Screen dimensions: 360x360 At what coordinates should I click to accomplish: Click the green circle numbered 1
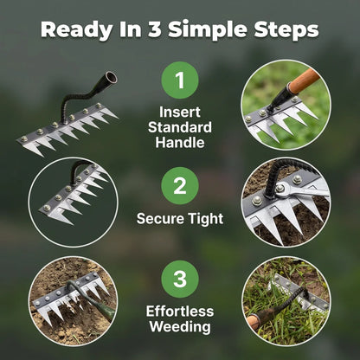(x=180, y=80)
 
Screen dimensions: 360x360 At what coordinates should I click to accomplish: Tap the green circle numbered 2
(x=180, y=186)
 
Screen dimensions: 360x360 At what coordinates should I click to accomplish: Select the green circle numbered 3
(x=180, y=279)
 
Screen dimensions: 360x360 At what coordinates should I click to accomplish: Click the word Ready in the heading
(x=76, y=29)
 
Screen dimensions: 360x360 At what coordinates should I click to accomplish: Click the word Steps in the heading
(x=286, y=29)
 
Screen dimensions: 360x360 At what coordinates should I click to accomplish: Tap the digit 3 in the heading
(x=155, y=29)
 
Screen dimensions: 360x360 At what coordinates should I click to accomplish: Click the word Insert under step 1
(x=180, y=112)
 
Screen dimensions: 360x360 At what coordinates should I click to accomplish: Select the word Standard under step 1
(x=180, y=127)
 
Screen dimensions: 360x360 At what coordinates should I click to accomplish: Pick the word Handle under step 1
(x=180, y=143)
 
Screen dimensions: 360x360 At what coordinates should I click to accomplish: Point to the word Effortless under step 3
(x=180, y=312)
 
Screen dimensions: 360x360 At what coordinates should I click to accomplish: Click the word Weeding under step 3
(x=180, y=327)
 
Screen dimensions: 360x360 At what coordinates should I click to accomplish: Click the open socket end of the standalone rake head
(x=111, y=77)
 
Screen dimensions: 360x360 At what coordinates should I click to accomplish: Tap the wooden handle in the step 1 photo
(x=304, y=81)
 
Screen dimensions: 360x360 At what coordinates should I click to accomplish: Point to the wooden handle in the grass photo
(x=254, y=321)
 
